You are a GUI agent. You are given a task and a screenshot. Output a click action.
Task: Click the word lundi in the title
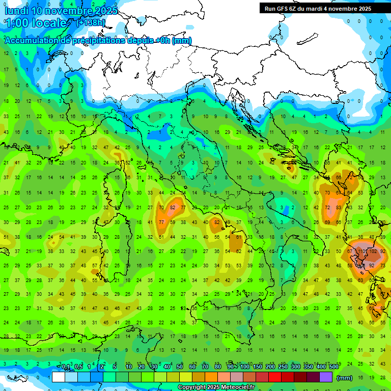click(17, 11)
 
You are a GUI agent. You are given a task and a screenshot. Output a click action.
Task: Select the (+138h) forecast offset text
click(91, 22)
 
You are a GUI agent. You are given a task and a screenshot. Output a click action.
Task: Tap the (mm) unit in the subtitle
click(182, 41)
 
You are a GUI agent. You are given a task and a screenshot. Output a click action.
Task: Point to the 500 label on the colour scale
click(333, 367)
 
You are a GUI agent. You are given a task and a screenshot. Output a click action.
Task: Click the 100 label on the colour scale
click(244, 367)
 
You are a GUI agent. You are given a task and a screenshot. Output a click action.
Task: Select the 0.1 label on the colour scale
click(66, 367)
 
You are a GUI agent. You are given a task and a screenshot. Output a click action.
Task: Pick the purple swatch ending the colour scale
click(326, 377)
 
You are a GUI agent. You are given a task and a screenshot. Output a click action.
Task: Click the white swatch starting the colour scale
click(59, 377)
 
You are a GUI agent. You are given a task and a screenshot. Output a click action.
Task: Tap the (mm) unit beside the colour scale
click(345, 378)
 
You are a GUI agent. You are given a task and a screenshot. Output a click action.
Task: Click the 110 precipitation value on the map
click(362, 251)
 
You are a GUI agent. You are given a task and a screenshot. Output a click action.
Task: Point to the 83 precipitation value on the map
click(339, 208)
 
